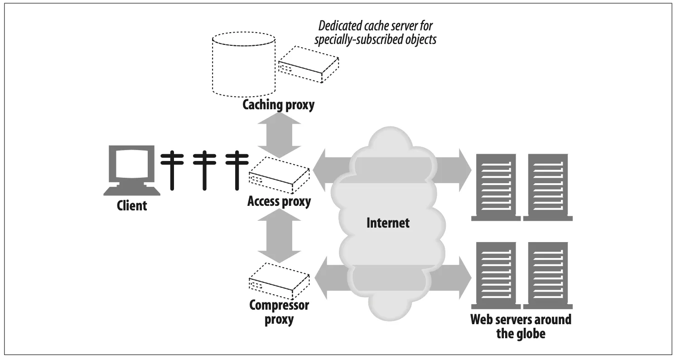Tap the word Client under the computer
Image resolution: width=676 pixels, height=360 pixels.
click(x=132, y=205)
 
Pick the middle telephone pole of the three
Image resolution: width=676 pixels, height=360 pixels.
click(x=203, y=170)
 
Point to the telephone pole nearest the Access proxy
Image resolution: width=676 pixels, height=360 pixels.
click(x=235, y=170)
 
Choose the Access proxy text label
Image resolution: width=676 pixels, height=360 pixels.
click(x=279, y=201)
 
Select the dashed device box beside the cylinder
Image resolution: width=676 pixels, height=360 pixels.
click(x=308, y=64)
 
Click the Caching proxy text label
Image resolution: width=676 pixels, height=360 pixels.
click(x=278, y=105)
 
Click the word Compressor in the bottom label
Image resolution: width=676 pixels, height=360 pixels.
click(x=279, y=305)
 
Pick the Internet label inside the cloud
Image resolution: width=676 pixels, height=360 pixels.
click(x=388, y=223)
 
